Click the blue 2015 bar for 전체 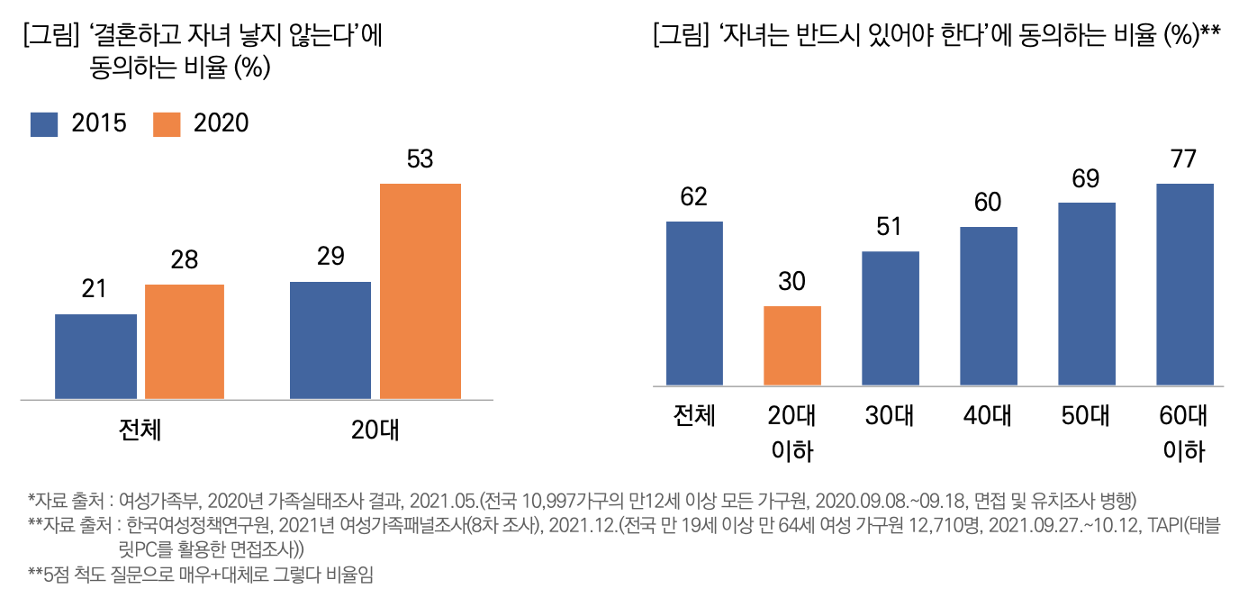[95, 356]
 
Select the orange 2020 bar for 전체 [185, 341]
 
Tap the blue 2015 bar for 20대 [330, 340]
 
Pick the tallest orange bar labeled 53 [421, 290]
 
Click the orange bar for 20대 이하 [792, 346]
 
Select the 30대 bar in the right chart [891, 318]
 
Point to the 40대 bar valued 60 [989, 306]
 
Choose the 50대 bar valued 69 [1087, 294]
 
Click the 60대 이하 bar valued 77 [1185, 285]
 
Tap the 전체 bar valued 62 [694, 303]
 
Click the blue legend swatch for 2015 [44, 124]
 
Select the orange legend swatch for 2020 [166, 124]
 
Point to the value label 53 [421, 160]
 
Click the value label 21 [95, 290]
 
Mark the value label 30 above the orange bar [791, 282]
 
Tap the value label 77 [1184, 159]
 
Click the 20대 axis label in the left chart [375, 430]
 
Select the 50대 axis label [1086, 416]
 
